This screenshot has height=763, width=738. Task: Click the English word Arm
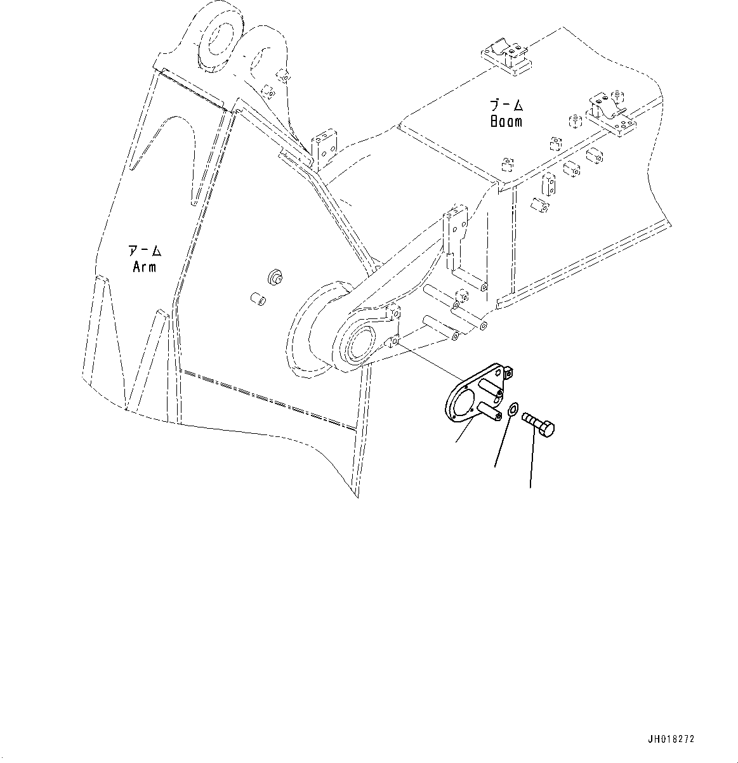click(144, 267)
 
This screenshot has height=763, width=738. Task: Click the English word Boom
click(506, 121)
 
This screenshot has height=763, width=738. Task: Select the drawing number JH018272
click(671, 740)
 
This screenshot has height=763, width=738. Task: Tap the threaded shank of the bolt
click(529, 420)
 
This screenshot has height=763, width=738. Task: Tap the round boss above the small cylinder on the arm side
click(275, 278)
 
